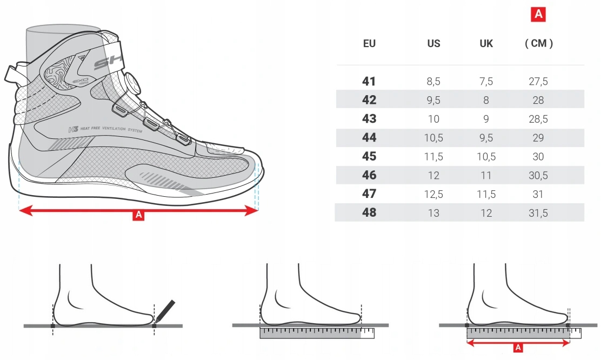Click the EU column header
[369, 44]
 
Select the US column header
[433, 44]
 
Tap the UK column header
[486, 44]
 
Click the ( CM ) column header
[539, 44]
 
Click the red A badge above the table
[538, 15]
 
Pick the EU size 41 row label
[369, 82]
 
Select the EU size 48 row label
[369, 213]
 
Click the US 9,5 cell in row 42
[433, 100]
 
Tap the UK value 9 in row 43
[486, 119]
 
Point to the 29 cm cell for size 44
[538, 138]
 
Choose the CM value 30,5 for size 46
[538, 175]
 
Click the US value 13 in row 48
[433, 213]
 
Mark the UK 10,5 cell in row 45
[486, 156]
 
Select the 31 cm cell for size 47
[538, 194]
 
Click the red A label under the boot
[138, 216]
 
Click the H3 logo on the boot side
[73, 129]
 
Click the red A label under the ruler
[518, 348]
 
